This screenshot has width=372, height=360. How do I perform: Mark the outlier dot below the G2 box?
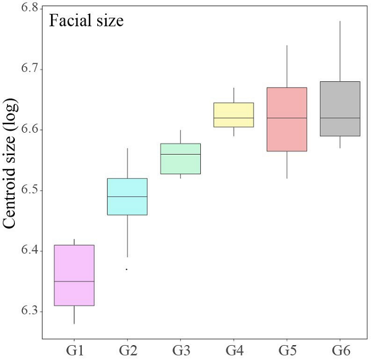pos(126,269)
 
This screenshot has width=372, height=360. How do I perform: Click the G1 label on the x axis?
pos(74,350)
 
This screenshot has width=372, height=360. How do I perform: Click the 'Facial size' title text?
pos(86,21)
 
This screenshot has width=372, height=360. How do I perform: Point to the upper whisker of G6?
pos(340,51)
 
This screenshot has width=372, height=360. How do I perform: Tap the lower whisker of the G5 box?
pos(287,165)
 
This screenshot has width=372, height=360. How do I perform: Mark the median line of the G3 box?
pos(181,154)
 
